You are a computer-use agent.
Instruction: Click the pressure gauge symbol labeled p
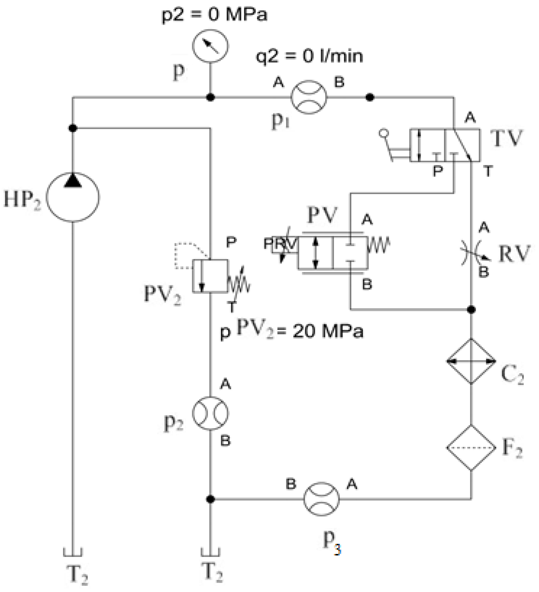[x=210, y=46]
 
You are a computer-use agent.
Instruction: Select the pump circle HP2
[x=73, y=197]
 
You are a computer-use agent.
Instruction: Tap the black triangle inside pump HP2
[x=73, y=180]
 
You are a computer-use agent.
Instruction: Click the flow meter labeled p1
[x=309, y=97]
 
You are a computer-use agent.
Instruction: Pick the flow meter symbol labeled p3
[x=321, y=499]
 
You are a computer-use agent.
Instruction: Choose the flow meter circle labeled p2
[x=210, y=413]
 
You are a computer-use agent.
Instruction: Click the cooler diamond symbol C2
[x=471, y=362]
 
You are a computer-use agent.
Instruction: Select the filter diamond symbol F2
[x=471, y=448]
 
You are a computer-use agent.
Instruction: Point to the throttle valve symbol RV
[x=472, y=253]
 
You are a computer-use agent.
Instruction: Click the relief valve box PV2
[x=210, y=276]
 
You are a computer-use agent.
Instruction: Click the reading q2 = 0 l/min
[x=309, y=56]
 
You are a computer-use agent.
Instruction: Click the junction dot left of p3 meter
[x=210, y=499]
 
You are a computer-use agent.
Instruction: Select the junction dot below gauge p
[x=210, y=97]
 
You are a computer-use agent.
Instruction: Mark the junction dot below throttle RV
[x=471, y=310]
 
